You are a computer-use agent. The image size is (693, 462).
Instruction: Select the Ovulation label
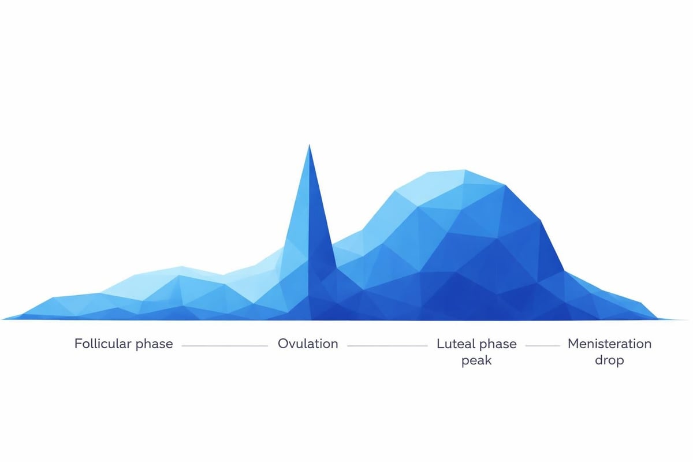pos(308,344)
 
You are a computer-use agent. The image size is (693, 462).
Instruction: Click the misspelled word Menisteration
pos(609,344)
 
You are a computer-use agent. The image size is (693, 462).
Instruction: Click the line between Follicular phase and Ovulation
pos(225,346)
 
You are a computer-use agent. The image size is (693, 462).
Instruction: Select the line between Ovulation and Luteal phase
pos(388,346)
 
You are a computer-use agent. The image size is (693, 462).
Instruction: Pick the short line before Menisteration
pos(542,346)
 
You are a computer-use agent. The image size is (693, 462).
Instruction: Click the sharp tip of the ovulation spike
pos(310,147)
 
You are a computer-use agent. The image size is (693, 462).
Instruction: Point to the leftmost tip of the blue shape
pos(3,318)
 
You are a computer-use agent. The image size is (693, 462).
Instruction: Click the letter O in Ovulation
pos(283,344)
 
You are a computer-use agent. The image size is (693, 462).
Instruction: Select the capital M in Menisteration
pos(573,344)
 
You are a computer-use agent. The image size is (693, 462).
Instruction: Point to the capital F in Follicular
pos(78,344)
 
